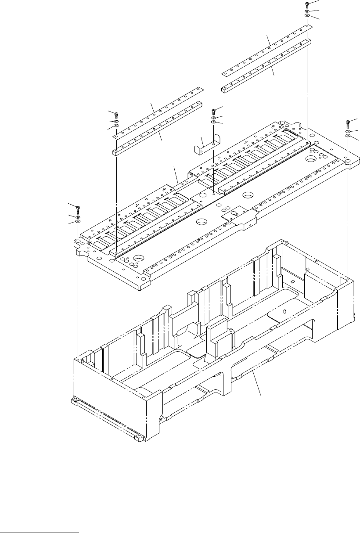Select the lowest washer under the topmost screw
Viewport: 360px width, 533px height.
click(307, 16)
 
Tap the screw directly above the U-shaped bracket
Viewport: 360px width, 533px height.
click(214, 110)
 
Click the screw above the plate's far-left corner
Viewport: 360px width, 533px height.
click(78, 207)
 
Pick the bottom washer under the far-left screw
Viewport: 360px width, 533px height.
click(78, 222)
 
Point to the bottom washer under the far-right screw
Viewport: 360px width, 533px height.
click(348, 136)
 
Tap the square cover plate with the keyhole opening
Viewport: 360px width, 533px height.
click(235, 214)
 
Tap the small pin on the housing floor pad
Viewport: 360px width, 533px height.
click(284, 312)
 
